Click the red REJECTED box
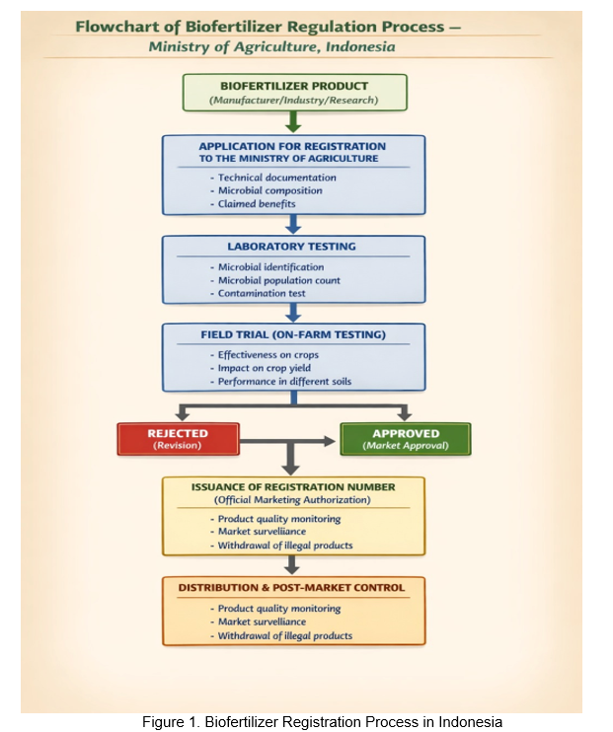[x=178, y=439]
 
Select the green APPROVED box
[x=406, y=439]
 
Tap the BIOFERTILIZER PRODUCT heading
[x=294, y=86]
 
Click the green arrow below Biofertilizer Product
[x=293, y=122]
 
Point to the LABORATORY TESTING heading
[x=291, y=247]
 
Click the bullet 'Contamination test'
[x=262, y=293]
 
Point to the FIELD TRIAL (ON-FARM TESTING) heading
[x=293, y=334]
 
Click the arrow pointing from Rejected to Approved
[x=287, y=441]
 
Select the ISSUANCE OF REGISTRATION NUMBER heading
[x=293, y=487]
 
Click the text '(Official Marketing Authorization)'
[x=292, y=500]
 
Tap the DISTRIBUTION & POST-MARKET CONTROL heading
[x=291, y=588]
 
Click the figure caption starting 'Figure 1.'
[x=322, y=722]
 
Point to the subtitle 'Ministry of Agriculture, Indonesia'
[x=271, y=46]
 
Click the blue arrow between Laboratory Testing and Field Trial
[x=293, y=313]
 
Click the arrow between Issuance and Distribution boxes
[x=292, y=565]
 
